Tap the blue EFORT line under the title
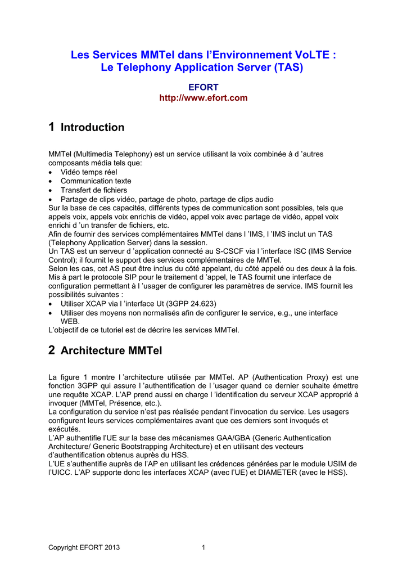click(203, 87)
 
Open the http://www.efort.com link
click(203, 98)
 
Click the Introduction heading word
click(92, 128)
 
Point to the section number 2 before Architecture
click(52, 350)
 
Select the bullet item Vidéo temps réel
click(89, 172)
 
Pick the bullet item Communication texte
click(96, 181)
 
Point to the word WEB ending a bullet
click(70, 321)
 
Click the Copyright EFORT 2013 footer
click(84, 547)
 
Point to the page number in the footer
click(203, 547)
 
